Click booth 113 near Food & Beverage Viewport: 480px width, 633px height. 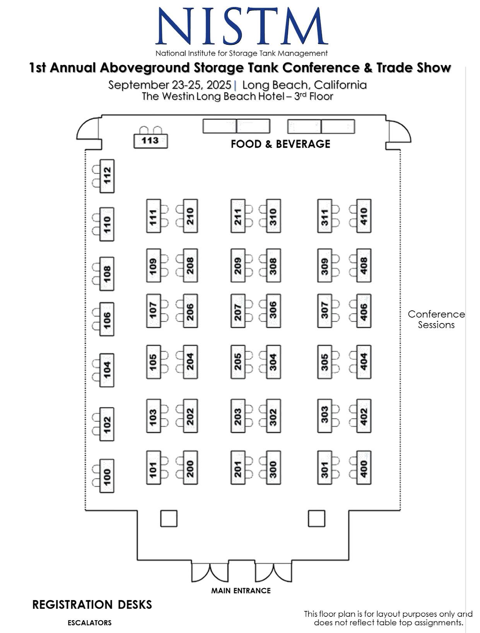pyautogui.click(x=150, y=140)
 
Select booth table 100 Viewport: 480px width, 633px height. pyautogui.click(x=107, y=476)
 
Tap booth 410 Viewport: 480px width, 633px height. pyautogui.click(x=364, y=216)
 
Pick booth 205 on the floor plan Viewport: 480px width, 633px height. pyautogui.click(x=238, y=362)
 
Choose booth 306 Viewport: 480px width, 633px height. pyautogui.click(x=273, y=311)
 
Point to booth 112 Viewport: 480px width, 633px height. pyautogui.click(x=107, y=176)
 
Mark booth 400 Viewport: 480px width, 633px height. pyautogui.click(x=364, y=468)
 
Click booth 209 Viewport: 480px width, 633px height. pyautogui.click(x=238, y=265)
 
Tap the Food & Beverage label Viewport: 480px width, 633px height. pyautogui.click(x=280, y=144)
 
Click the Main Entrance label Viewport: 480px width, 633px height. pyautogui.click(x=241, y=590)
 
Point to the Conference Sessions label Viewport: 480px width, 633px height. pyautogui.click(x=436, y=319)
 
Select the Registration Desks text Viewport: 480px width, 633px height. pyautogui.click(x=92, y=604)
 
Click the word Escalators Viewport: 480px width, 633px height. pyautogui.click(x=89, y=623)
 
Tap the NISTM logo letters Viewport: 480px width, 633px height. pyautogui.click(x=242, y=26)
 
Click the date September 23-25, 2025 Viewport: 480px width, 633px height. pyautogui.click(x=169, y=85)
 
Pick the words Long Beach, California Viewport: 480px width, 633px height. pyautogui.click(x=304, y=85)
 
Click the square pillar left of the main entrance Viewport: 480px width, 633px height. pyautogui.click(x=169, y=518)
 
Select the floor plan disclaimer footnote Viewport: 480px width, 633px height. pyautogui.click(x=388, y=618)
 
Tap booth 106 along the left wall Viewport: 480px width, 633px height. pyautogui.click(x=107, y=319)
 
